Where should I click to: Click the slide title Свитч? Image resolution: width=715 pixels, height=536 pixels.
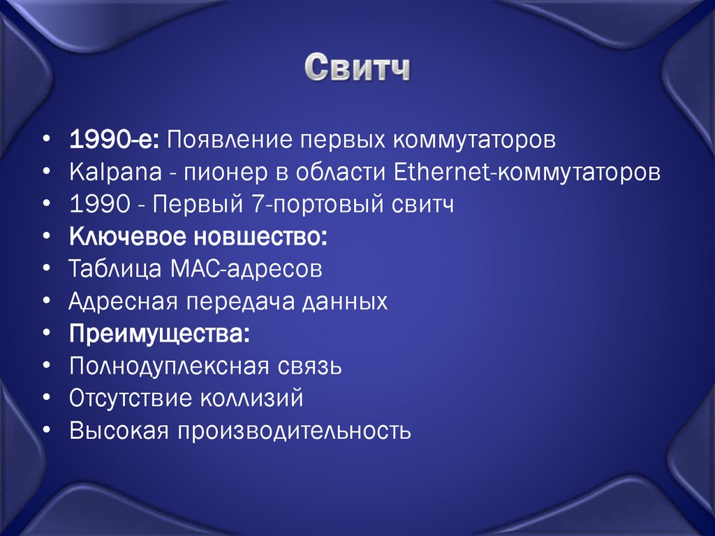click(357, 69)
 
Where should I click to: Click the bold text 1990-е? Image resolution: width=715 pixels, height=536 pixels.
click(115, 139)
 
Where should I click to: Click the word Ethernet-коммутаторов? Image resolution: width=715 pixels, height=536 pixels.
click(526, 172)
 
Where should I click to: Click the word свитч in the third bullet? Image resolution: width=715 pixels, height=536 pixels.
click(422, 205)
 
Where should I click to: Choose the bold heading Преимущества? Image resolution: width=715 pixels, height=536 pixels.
click(159, 334)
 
